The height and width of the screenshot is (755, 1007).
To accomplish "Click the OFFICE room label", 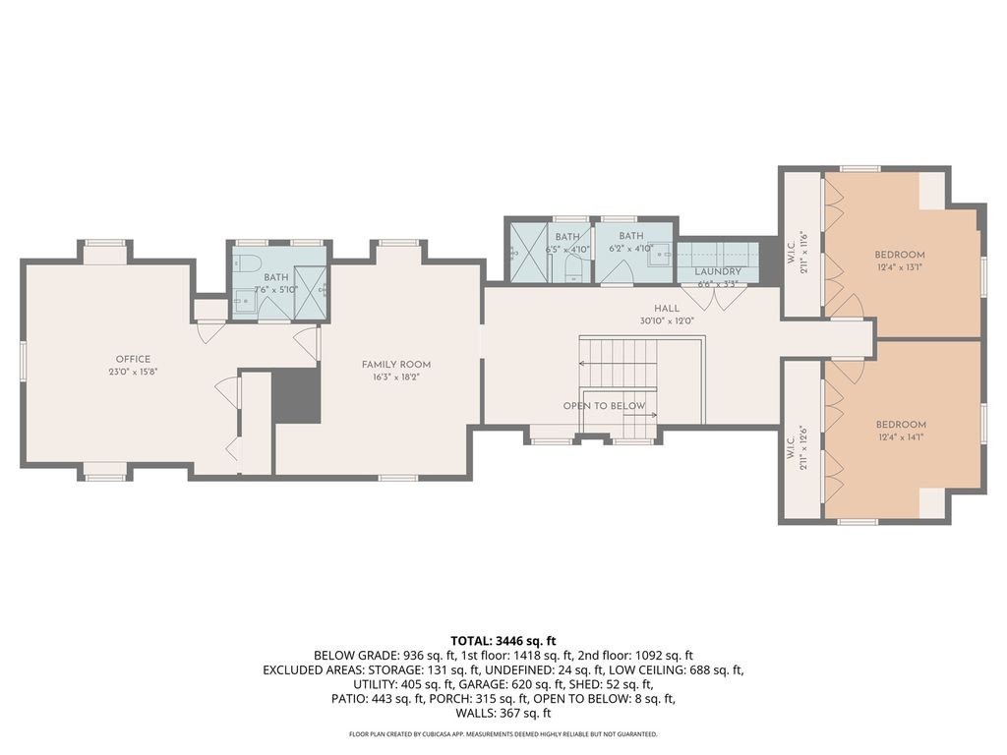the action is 133,360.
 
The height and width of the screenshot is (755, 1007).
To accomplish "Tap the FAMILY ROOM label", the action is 396,365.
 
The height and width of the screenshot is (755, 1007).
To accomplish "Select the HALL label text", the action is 667,309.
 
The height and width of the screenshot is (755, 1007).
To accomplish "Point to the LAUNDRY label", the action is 717,271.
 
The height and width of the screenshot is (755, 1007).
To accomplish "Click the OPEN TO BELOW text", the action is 605,406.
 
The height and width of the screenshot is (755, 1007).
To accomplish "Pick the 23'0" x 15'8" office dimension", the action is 133,371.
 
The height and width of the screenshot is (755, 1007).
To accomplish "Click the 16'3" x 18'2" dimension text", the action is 396,377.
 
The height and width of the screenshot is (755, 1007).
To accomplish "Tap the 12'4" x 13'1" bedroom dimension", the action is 900,266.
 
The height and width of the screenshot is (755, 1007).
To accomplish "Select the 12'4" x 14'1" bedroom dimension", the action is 901,436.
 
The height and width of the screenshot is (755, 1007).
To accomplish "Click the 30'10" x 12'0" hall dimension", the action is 667,320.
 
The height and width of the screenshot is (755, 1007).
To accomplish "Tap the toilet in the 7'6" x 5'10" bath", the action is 246,262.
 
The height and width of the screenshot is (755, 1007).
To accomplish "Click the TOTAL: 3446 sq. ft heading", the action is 503,641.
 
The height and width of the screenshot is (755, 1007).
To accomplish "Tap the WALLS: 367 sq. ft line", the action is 503,713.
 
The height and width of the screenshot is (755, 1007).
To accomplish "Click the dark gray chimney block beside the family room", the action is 296,395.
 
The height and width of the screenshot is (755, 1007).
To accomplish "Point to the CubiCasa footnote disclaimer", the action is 503,733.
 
